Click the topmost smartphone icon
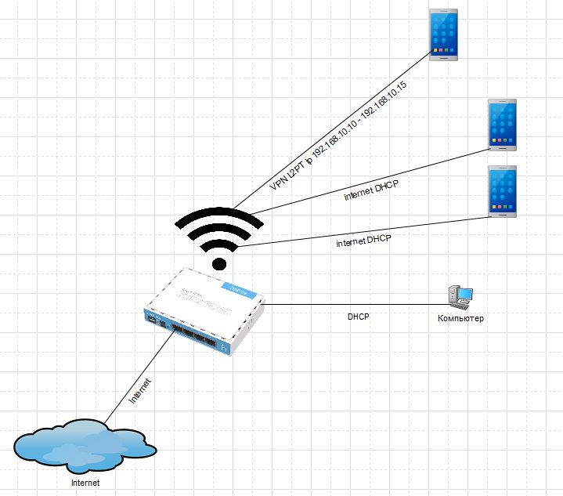click(443, 34)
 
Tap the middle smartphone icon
click(503, 125)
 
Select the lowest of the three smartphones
click(503, 191)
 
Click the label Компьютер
click(460, 318)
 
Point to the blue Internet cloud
click(85, 446)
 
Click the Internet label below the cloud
click(85, 483)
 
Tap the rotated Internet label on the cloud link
click(140, 391)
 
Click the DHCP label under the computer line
click(359, 317)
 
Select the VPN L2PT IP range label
click(338, 136)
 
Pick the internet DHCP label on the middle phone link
click(371, 190)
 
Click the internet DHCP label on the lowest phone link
click(364, 241)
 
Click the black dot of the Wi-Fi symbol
click(219, 264)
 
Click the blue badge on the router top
click(239, 291)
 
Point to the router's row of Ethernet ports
click(195, 335)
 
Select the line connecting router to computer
click(356, 305)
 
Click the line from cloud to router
click(139, 377)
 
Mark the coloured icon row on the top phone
click(443, 50)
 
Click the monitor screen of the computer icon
click(466, 294)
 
